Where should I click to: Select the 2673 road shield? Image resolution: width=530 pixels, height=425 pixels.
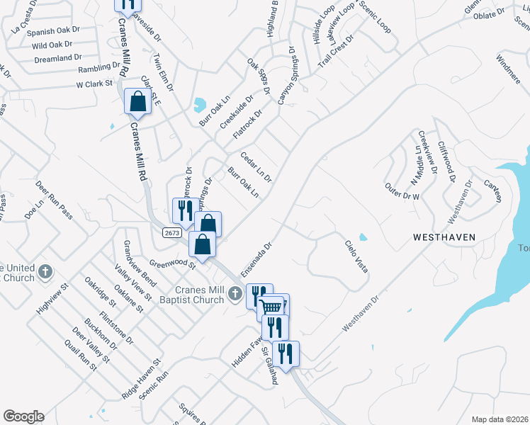click(x=171, y=232)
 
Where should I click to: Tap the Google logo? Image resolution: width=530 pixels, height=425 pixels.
click(x=23, y=416)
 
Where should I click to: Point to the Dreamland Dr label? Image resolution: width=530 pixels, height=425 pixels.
click(x=57, y=57)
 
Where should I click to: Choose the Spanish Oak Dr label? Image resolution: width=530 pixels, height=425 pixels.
click(x=53, y=32)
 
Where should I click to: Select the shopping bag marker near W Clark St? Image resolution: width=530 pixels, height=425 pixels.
click(x=137, y=101)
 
